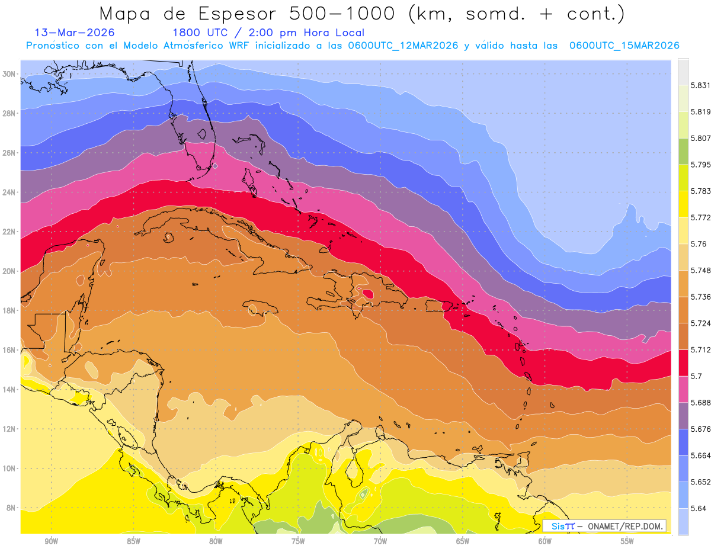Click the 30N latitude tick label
(x=9, y=74)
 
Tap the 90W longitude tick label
(x=51, y=541)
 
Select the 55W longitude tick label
(x=627, y=541)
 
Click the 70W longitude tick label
(x=380, y=541)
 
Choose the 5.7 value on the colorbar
(x=696, y=376)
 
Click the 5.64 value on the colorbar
(x=698, y=508)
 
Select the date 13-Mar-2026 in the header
(x=75, y=33)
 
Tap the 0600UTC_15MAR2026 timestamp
(x=624, y=46)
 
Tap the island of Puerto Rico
(x=438, y=306)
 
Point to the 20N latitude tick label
(x=9, y=271)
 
